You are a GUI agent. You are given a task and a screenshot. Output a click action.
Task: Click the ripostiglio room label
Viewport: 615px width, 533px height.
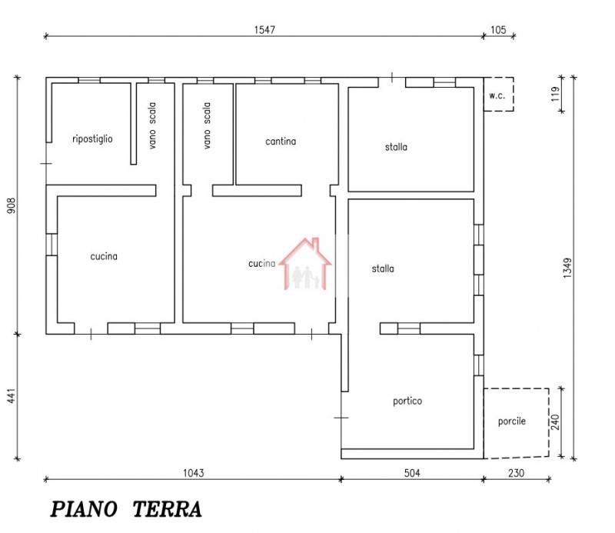[92, 139]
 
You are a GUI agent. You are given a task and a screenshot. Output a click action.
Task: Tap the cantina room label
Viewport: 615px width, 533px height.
[281, 142]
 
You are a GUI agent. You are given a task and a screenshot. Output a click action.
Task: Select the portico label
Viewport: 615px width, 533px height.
[407, 401]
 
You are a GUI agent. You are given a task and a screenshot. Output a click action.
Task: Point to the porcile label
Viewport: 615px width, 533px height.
[511, 421]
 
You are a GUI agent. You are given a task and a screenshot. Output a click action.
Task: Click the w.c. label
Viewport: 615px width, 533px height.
[497, 95]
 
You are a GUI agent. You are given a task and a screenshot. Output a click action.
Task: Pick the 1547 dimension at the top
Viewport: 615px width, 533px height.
[264, 30]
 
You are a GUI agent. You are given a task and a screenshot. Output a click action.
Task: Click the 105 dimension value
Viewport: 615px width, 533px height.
[498, 30]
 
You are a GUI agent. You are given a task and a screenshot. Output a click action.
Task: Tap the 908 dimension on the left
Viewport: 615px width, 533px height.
[12, 205]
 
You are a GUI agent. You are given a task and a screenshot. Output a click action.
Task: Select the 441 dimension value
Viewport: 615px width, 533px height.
[12, 395]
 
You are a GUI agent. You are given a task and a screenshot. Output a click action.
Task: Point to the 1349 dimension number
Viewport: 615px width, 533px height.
[567, 268]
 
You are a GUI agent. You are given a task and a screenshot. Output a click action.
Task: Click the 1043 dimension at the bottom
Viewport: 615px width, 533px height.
[194, 473]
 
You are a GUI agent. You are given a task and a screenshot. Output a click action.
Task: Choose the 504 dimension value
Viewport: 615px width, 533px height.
[412, 473]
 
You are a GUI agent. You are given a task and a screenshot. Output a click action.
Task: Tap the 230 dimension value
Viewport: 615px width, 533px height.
[516, 473]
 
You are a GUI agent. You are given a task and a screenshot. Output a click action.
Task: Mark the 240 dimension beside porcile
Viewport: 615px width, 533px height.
[555, 422]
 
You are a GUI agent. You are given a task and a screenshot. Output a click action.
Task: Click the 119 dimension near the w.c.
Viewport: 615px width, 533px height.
[554, 94]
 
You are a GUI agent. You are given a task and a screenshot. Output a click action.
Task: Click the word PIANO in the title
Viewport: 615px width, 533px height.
[84, 509]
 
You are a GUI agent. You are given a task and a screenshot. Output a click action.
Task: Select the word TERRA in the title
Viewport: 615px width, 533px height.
[167, 509]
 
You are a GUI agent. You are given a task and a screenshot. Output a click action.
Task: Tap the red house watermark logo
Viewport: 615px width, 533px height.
[305, 264]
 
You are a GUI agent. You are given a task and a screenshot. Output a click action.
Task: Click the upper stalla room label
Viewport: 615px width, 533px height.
[396, 147]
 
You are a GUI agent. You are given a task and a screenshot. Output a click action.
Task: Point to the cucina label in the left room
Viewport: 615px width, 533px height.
[104, 256]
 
